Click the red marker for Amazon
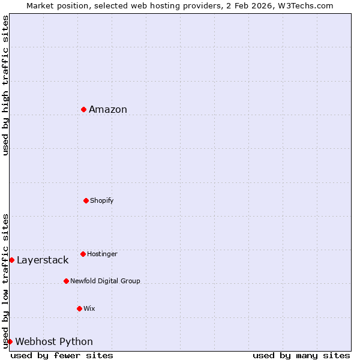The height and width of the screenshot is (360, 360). tap(84, 109)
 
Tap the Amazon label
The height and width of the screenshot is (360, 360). tap(108, 109)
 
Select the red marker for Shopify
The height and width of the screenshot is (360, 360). tap(86, 200)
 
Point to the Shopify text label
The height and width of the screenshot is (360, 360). tap(102, 200)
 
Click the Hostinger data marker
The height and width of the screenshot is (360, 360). tap(83, 254)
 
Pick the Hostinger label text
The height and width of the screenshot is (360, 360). tap(102, 254)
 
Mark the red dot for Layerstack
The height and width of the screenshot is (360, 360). tap(11, 260)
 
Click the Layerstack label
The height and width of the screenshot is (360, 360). tap(43, 260)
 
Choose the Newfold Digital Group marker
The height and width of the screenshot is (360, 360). tap(66, 281)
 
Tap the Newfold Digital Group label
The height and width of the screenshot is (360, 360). tap(105, 281)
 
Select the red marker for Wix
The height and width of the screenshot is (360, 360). tap(79, 308)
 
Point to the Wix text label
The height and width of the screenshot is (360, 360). tap(89, 308)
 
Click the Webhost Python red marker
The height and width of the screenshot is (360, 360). tap(10, 341)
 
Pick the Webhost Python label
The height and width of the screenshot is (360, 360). tap(54, 341)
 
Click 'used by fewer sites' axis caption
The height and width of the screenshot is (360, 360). tap(62, 355)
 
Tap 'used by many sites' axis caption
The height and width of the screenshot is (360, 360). tap(301, 355)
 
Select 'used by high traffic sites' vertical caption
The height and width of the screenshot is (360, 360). tap(5, 85)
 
